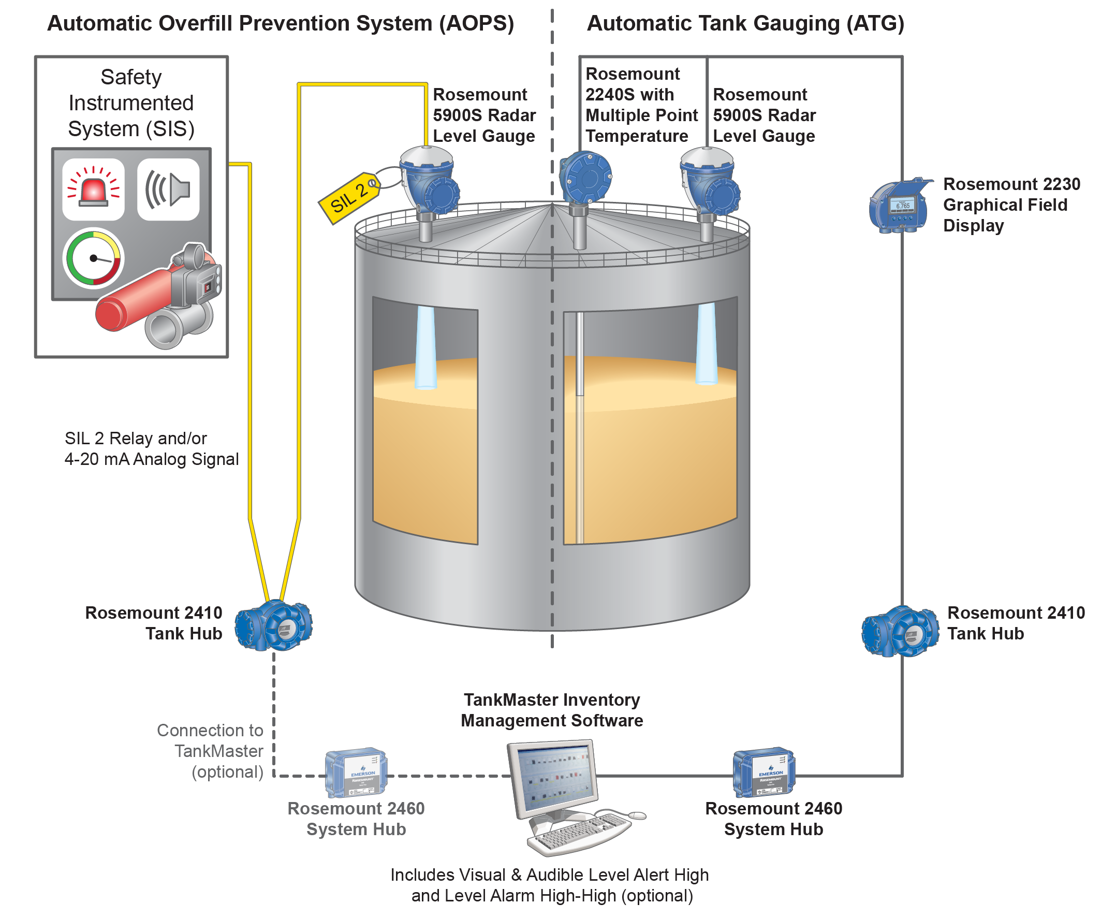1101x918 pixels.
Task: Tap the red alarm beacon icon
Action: tap(93, 190)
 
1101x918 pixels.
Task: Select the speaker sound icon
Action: tap(168, 190)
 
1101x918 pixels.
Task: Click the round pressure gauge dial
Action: tap(93, 258)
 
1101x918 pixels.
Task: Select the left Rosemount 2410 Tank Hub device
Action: tap(274, 626)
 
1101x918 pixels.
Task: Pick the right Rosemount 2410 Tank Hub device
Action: tap(901, 632)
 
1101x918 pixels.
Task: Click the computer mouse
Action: tap(637, 815)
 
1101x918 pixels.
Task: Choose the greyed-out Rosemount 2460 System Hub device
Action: tap(356, 771)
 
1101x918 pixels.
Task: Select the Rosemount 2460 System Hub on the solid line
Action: tap(764, 771)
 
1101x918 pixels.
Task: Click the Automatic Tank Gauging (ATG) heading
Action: tap(745, 24)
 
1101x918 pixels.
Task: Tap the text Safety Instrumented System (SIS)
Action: tap(131, 103)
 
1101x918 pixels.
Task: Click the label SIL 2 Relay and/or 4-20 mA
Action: tap(151, 448)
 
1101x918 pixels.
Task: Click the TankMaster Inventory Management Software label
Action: tap(552, 710)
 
